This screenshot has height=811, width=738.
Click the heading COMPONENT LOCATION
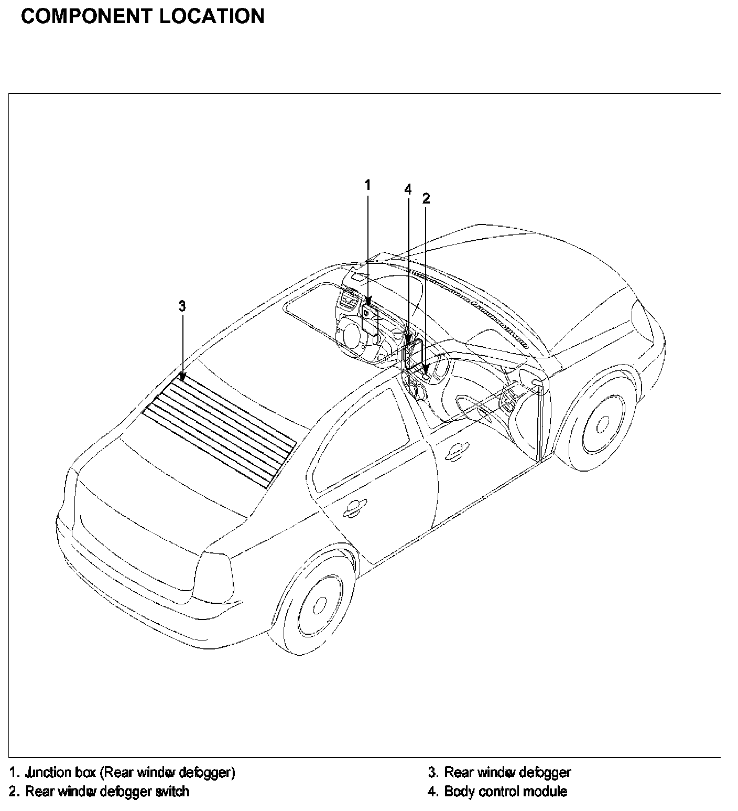click(143, 17)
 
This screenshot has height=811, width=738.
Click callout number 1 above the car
click(367, 185)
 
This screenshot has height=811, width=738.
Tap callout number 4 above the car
click(408, 189)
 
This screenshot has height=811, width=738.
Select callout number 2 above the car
click(426, 198)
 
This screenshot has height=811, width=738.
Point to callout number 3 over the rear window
click(182, 306)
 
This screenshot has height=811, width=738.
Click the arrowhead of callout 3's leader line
click(182, 376)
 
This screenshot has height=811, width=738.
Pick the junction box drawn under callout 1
click(371, 321)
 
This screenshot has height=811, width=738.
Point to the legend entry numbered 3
click(500, 772)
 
